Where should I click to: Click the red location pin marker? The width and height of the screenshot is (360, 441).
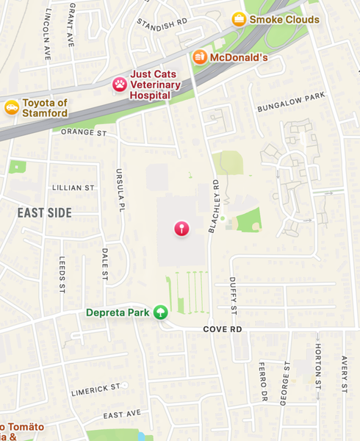[x=181, y=229]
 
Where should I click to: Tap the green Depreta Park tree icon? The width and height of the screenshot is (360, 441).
[x=160, y=312]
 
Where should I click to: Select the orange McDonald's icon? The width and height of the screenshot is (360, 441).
[x=200, y=57]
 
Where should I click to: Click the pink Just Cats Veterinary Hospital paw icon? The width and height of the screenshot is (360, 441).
[x=119, y=85]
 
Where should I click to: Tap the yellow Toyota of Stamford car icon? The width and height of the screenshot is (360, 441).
[x=12, y=108]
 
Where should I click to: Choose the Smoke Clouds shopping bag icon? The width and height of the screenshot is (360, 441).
[x=239, y=19]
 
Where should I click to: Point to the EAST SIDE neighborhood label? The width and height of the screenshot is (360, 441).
[x=45, y=213]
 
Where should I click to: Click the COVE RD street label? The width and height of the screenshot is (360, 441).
[x=223, y=330]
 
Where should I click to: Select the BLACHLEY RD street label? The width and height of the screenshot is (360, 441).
[x=214, y=206]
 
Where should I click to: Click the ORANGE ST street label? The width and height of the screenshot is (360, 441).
[x=84, y=133]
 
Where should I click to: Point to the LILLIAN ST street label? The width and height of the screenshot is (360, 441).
[x=73, y=187]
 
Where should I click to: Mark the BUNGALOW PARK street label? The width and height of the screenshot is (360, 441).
[x=290, y=103]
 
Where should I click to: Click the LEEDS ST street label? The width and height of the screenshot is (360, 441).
[x=62, y=275]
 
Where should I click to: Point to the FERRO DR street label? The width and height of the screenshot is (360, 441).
[x=262, y=376]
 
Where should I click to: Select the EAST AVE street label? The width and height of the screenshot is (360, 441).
[x=122, y=415]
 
